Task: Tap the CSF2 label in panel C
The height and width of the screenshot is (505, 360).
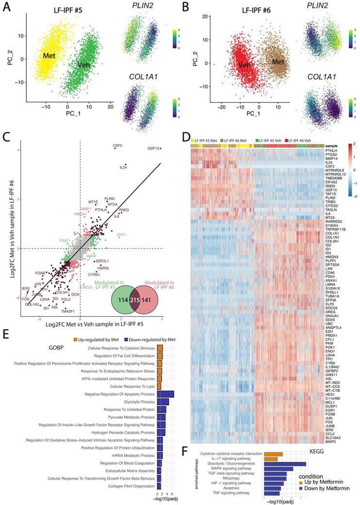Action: tap(117, 145)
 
